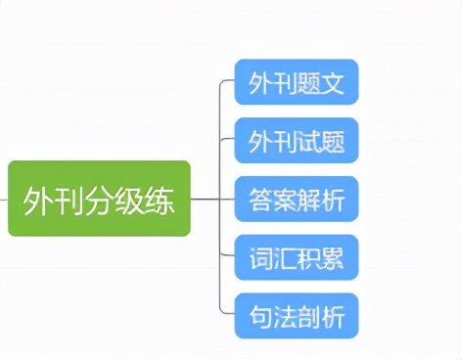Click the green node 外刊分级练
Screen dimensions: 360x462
[99, 199]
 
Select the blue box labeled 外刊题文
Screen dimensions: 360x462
[297, 81]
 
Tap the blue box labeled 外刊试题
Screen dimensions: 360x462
[297, 142]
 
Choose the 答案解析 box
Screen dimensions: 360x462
[297, 200]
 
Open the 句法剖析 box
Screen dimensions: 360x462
[297, 316]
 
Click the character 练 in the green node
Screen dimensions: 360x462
[162, 200]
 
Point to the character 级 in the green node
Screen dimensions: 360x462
[130, 200]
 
